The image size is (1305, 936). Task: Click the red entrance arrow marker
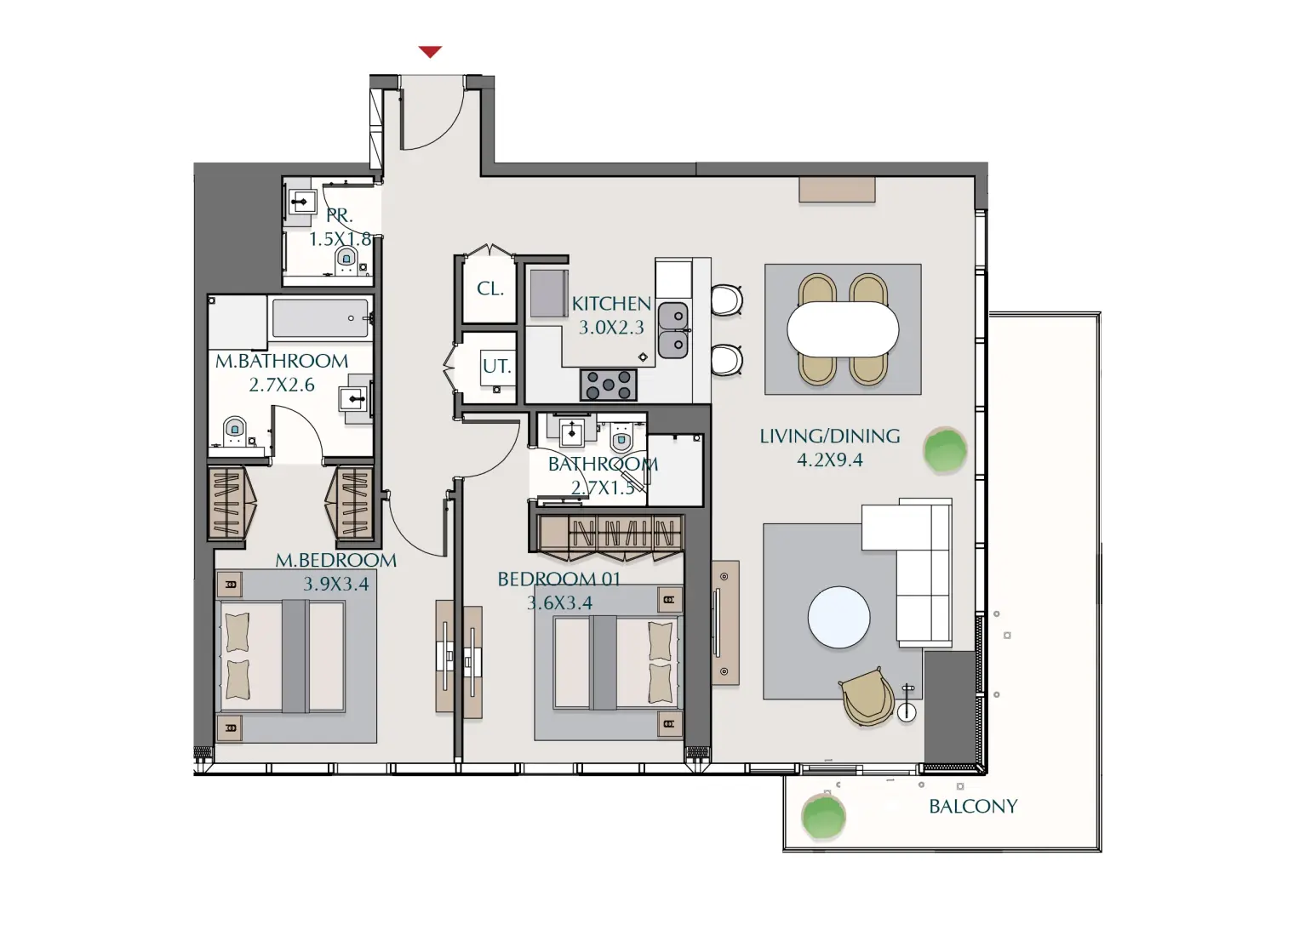(430, 52)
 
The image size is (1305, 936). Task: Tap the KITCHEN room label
(611, 304)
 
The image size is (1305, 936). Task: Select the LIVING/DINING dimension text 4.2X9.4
(829, 460)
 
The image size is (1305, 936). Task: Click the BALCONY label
(972, 807)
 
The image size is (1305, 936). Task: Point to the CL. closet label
(489, 289)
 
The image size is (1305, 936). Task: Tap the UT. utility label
(496, 367)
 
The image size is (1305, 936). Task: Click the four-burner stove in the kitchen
(609, 385)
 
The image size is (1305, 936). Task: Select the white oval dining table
(843, 329)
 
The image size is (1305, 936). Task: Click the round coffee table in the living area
(839, 617)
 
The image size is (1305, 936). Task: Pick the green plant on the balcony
(823, 816)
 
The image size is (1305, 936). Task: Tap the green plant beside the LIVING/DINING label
(945, 450)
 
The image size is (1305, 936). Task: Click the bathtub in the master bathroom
(320, 318)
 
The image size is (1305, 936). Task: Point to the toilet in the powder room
(346, 259)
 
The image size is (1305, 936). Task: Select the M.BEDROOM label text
(335, 561)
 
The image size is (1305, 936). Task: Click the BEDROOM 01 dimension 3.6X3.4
(559, 603)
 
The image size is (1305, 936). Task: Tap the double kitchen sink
(673, 330)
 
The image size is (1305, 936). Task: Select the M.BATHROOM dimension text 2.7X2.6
(282, 385)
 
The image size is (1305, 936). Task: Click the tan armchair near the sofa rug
(867, 697)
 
